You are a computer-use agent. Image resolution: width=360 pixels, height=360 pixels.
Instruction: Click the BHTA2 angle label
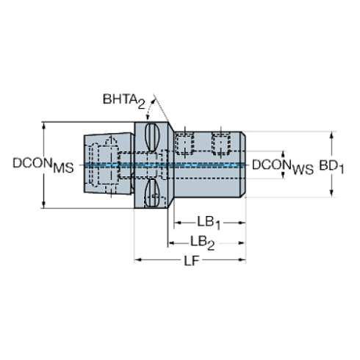tap(123, 101)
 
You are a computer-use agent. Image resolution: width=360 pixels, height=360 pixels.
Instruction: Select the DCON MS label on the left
tap(43, 165)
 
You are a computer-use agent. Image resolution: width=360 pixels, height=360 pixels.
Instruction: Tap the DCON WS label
tap(283, 167)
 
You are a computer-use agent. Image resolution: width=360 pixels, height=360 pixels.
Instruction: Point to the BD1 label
tap(331, 168)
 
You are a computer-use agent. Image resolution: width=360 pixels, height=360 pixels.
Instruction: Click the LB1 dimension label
tap(209, 223)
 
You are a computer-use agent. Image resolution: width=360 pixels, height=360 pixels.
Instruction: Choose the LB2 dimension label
tap(203, 243)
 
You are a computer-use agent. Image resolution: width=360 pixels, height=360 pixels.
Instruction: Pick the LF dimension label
tap(191, 261)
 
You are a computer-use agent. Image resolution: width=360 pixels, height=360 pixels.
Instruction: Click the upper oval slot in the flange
tap(152, 137)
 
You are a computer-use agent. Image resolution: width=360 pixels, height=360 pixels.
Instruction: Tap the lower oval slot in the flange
tap(152, 193)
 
